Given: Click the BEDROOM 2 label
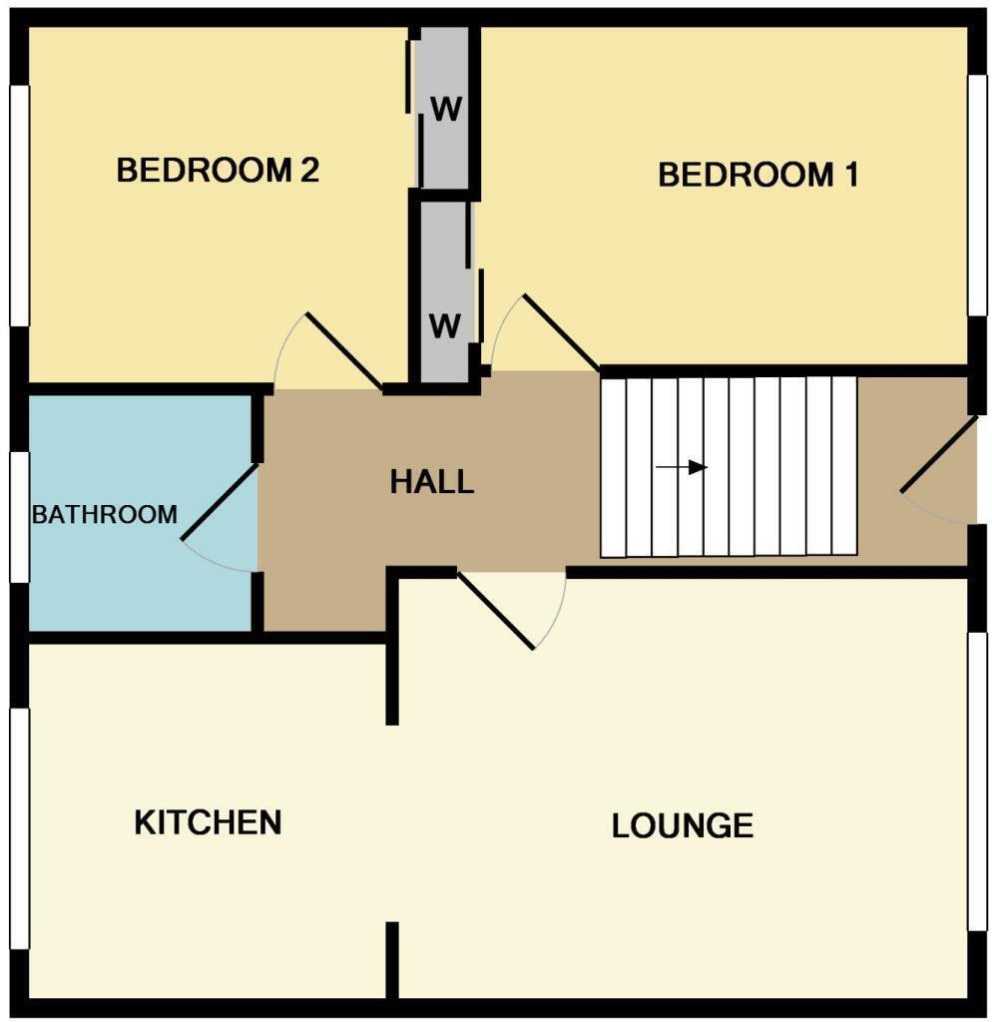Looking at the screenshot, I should [x=218, y=171].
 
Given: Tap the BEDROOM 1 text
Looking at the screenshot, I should [x=757, y=176].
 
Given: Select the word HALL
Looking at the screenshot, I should [x=431, y=483].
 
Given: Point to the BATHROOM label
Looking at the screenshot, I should [x=105, y=515].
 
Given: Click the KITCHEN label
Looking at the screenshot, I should [x=208, y=822].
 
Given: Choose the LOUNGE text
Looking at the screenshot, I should [x=682, y=826].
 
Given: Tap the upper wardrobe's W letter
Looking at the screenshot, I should [x=446, y=109].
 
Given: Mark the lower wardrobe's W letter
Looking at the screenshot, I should [x=445, y=324].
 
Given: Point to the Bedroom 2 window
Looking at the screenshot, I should [x=19, y=206].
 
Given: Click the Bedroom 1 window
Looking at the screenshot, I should [x=977, y=196].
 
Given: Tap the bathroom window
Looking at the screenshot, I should [x=19, y=516].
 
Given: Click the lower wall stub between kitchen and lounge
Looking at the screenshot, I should [x=392, y=959].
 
